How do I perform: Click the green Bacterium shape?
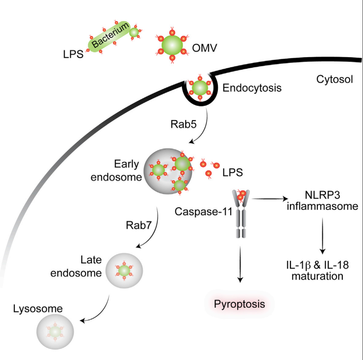coord(109,37)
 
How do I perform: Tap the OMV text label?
coord(205,48)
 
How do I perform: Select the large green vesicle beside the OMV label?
coord(172,45)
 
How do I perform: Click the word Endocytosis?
coord(252,88)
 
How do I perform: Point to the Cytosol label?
coord(335,79)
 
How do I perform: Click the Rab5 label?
coord(183,124)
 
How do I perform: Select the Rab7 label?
coord(138,225)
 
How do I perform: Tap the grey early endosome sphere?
coord(168,171)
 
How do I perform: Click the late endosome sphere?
coord(124,271)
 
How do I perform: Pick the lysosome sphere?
coord(55,332)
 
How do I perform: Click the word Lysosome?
coord(38,309)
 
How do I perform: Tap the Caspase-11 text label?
coord(203,211)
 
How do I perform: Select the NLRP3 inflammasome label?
coord(322,200)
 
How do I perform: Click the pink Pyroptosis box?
coord(239,304)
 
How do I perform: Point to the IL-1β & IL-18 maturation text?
coord(317,271)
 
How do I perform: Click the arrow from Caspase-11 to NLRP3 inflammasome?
coord(270,199)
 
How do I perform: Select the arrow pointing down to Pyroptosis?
coord(240,264)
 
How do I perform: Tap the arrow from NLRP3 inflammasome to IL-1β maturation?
coord(323,236)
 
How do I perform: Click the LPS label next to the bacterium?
coord(73,54)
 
